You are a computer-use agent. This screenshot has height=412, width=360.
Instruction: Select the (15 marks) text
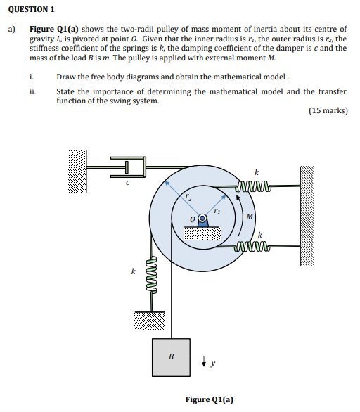point(328,110)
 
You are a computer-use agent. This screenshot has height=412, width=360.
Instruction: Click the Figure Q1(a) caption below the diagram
point(209,399)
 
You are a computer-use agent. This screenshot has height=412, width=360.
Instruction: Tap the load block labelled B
point(170,356)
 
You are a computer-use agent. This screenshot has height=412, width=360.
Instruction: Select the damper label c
point(127,183)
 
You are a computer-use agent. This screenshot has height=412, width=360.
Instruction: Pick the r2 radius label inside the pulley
point(188,198)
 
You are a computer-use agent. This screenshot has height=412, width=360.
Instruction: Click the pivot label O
point(191,220)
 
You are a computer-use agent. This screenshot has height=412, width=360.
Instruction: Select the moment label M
point(250,216)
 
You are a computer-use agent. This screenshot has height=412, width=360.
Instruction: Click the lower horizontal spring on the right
point(253,246)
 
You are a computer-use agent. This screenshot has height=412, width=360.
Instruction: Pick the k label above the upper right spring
point(256,172)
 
